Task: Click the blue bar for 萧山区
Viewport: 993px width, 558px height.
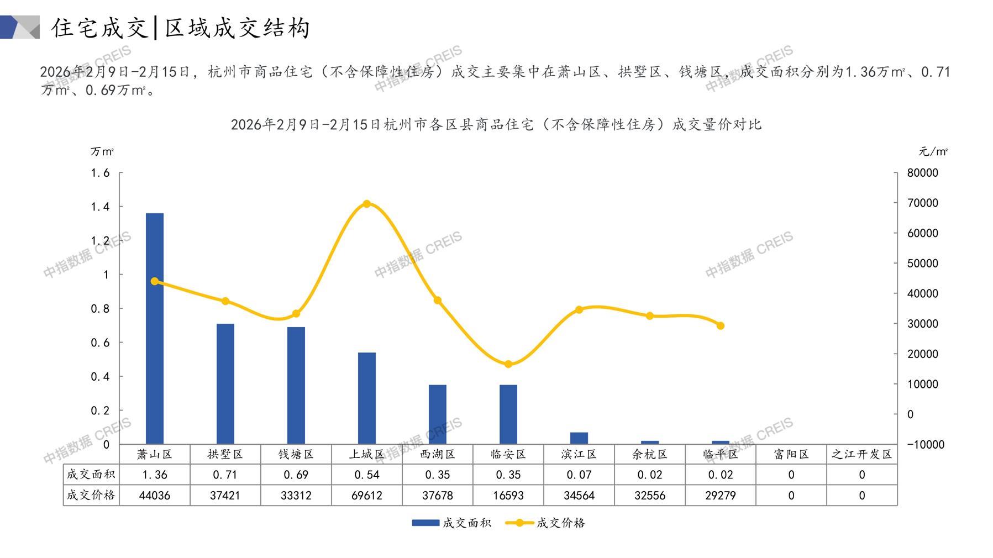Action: click(155, 328)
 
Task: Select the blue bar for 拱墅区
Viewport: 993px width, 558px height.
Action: click(225, 383)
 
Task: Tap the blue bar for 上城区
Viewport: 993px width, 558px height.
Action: click(367, 398)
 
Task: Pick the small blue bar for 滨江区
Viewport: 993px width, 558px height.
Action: click(579, 438)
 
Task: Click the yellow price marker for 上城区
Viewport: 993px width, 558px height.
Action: click(367, 204)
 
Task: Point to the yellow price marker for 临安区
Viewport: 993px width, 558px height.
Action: click(508, 364)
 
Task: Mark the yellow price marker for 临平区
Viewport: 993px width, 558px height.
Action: click(721, 326)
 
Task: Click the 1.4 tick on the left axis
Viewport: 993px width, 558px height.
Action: click(100, 207)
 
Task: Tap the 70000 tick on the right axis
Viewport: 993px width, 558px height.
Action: click(923, 203)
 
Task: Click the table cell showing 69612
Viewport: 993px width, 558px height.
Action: click(367, 496)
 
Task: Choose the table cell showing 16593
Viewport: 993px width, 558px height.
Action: click(508, 496)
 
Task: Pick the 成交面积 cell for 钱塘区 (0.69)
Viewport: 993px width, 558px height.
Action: click(296, 475)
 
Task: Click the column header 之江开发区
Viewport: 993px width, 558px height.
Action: click(862, 454)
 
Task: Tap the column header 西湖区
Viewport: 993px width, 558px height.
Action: click(438, 454)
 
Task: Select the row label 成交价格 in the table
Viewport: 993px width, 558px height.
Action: click(91, 495)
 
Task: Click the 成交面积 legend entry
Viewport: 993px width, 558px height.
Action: click(451, 523)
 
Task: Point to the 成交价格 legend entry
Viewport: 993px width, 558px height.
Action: click(545, 523)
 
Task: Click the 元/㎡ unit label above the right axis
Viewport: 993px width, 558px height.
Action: click(933, 151)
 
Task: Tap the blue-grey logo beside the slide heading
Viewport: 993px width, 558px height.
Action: click(20, 27)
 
